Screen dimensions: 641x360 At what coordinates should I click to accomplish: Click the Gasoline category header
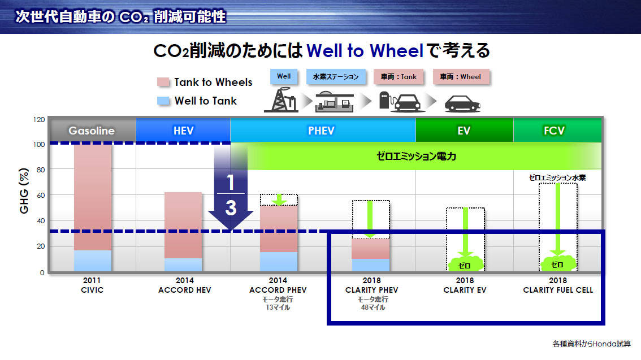tap(93, 131)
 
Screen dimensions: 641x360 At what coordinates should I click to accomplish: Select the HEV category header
tap(183, 131)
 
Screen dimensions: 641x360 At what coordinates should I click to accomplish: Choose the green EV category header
tap(465, 131)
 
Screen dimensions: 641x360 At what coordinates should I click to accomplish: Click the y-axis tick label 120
tap(39, 119)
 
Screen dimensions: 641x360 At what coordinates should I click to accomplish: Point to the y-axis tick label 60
tap(41, 196)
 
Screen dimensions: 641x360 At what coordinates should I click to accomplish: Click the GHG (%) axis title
tap(24, 190)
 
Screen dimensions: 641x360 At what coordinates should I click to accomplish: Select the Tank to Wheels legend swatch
tap(163, 82)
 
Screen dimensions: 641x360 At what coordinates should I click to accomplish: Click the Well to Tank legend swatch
tap(163, 101)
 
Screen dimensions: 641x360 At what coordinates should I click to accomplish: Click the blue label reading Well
tap(284, 76)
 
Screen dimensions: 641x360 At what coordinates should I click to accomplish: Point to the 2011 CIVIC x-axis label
tap(92, 285)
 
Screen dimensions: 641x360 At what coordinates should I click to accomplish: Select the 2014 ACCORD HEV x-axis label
tap(185, 285)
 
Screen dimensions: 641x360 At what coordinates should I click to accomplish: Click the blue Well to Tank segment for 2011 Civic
tap(93, 261)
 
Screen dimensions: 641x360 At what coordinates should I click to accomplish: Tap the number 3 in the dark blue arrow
tap(231, 207)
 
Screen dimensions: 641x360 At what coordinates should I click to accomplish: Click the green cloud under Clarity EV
tap(465, 264)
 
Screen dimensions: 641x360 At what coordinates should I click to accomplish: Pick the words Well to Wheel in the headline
tap(365, 51)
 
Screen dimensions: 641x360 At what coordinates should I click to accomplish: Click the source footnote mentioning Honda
tap(591, 344)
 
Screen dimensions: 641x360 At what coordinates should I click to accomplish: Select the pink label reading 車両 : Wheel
tap(460, 76)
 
